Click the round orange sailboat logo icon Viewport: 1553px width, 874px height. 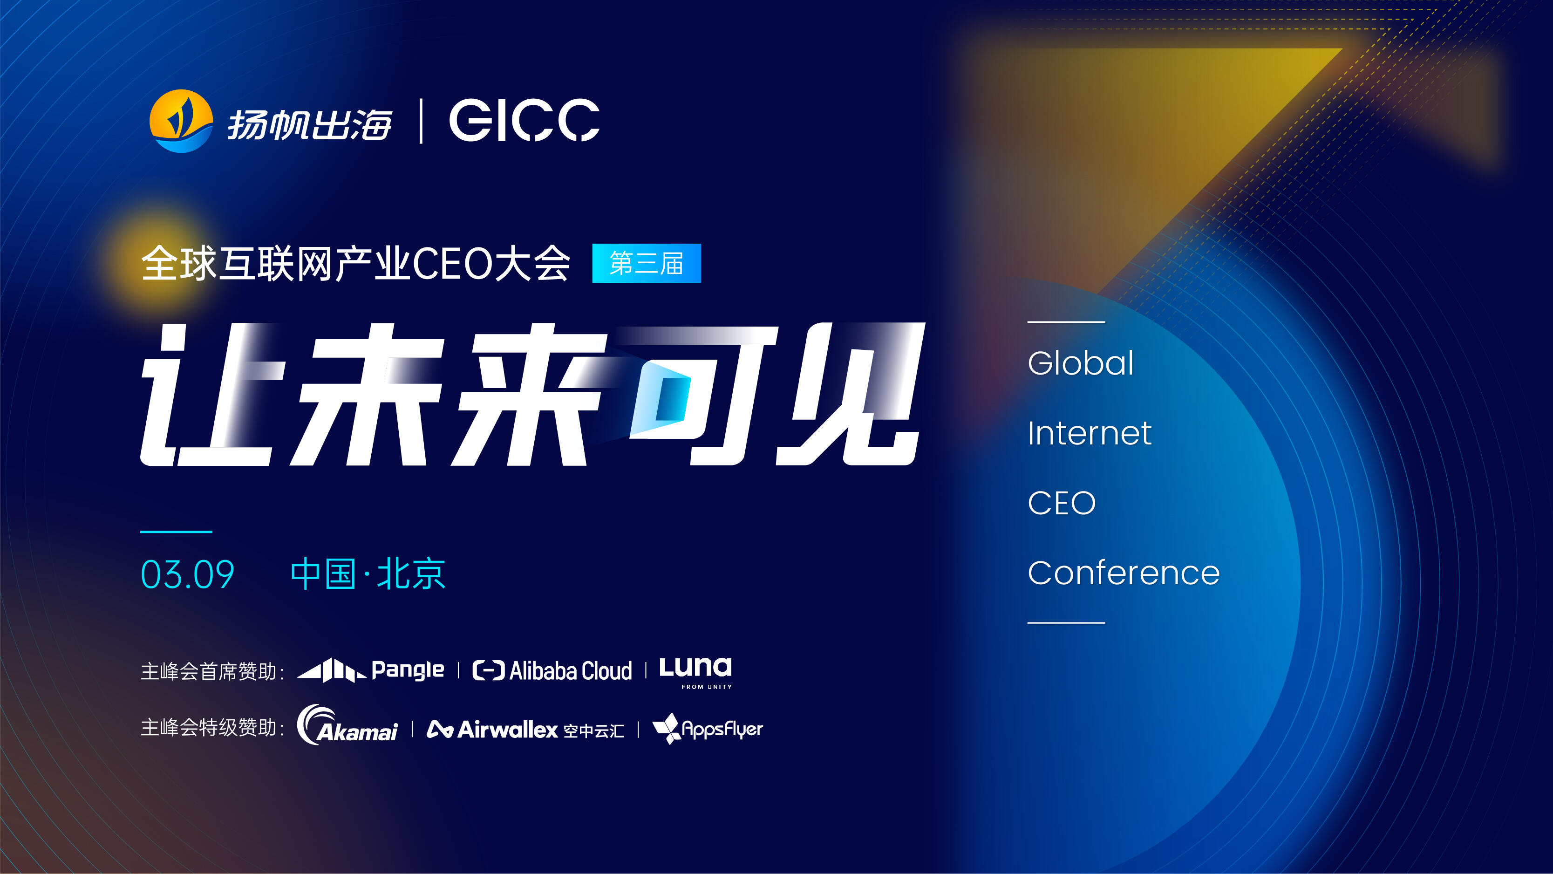(x=181, y=121)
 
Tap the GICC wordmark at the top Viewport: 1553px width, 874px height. (x=524, y=121)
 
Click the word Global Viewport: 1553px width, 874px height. (x=1080, y=363)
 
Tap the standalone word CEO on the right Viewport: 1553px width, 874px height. (x=1061, y=503)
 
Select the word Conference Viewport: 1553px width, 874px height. (x=1123, y=573)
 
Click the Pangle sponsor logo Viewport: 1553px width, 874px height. (x=371, y=670)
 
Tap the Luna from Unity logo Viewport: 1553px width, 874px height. (x=695, y=672)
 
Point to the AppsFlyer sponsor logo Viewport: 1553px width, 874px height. (x=708, y=729)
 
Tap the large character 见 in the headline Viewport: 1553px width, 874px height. (x=850, y=395)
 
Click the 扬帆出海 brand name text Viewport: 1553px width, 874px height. (x=309, y=125)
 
